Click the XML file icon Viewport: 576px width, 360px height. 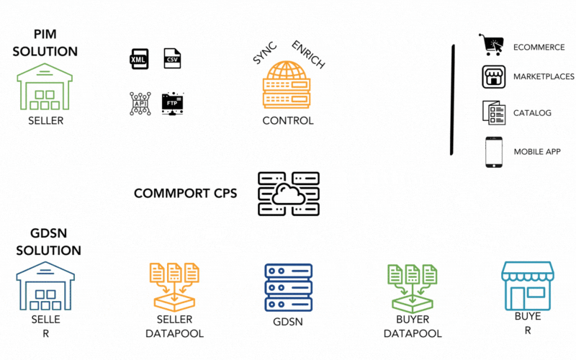(x=139, y=59)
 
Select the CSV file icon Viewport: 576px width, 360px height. (x=172, y=58)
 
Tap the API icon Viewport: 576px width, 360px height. (x=140, y=103)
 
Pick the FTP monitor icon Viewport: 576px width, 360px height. (x=173, y=103)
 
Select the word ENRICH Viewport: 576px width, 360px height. (x=309, y=55)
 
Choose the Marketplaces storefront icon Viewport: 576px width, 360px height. (x=492, y=77)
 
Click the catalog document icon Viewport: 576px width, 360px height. (x=492, y=112)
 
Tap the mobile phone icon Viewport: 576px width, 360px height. (x=493, y=152)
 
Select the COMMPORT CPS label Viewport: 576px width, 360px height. (x=185, y=193)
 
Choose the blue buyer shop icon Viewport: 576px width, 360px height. (x=528, y=286)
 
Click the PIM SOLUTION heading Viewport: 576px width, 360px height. (x=45, y=43)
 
